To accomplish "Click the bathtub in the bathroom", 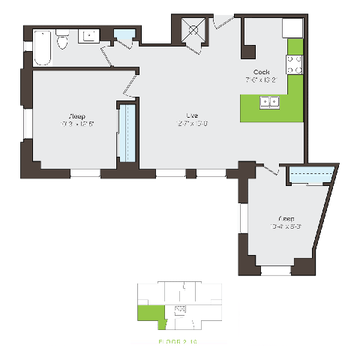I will coord(42,45).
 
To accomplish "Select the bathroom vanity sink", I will coord(91,34).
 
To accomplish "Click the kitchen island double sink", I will coord(268,102).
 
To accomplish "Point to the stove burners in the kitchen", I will coord(295,64).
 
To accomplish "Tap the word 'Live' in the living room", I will coord(192,115).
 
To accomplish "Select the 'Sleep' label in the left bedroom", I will coord(76,116).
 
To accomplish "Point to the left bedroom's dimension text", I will coord(76,124).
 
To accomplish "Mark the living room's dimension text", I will coord(192,124).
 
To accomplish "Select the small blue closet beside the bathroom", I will coord(124,37).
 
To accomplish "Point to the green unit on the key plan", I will coord(153,315).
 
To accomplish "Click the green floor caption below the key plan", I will coord(178,341).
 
